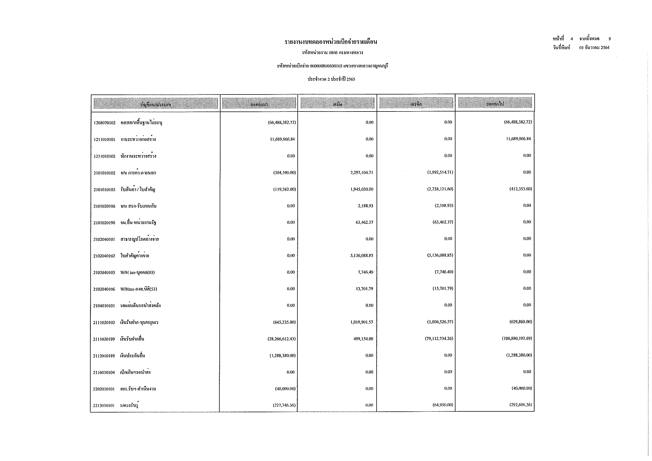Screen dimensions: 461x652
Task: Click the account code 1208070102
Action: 105,123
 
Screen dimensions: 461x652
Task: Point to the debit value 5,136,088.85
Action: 362,256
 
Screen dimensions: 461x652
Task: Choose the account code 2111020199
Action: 104,339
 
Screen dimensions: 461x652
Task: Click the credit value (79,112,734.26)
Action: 439,339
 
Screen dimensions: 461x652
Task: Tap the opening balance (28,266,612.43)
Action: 282,339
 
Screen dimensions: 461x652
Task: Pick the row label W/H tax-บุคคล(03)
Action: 137,273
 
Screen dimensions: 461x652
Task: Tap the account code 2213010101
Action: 104,406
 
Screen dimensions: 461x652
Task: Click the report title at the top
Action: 331,42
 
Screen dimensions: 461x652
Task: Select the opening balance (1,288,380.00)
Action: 283,356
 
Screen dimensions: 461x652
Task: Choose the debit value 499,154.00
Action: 363,339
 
